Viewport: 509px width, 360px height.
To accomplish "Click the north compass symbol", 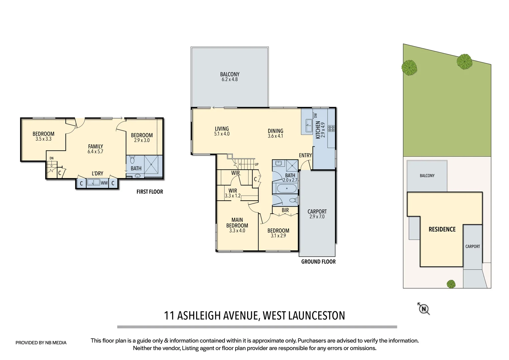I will pos(424,309).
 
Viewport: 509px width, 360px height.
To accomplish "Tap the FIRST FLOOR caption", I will pos(150,192).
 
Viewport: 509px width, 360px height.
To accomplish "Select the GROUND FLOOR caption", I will pos(318,262).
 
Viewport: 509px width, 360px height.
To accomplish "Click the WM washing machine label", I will pos(104,183).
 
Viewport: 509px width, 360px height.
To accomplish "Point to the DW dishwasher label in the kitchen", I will pos(315,115).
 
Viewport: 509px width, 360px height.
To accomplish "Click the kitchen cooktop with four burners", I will pos(331,128).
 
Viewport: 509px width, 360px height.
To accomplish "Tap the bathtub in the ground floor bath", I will pos(286,189).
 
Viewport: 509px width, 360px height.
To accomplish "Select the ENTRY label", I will pos(305,155).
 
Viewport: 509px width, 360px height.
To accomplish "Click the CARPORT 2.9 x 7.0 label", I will pos(317,214).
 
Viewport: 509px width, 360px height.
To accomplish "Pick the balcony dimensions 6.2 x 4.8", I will pos(230,80).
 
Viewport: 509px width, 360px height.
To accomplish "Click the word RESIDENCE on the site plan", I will pos(442,229).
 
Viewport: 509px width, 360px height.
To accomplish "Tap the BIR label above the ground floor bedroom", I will pos(285,210).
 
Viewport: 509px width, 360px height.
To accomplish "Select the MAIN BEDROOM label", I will pos(237,223).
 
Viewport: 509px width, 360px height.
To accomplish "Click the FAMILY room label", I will pos(96,146).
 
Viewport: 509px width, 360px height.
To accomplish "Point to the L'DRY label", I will pos(97,173).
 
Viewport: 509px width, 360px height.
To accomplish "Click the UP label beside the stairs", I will pos(256,164).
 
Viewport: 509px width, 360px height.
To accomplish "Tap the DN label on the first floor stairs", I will pos(51,158).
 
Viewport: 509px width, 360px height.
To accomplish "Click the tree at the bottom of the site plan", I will pos(451,284).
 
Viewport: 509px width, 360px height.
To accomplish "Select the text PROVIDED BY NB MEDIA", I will pos(41,343).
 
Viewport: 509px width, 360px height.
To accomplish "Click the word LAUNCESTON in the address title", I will pos(316,315).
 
